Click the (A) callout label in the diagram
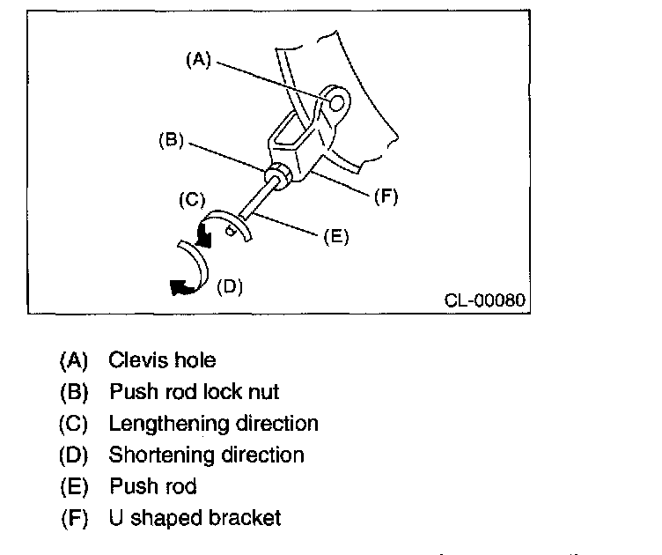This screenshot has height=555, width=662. (198, 59)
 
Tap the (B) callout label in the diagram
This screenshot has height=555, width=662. (170, 138)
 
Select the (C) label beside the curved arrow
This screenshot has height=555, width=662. (192, 199)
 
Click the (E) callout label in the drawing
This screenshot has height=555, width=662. (335, 236)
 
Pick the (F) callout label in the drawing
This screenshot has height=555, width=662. (386, 196)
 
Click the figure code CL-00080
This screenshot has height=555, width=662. (484, 300)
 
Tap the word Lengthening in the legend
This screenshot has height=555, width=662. (166, 424)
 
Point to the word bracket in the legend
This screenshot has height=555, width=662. (246, 517)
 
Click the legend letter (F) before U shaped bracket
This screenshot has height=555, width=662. (74, 517)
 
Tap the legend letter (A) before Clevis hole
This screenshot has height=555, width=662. (74, 360)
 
